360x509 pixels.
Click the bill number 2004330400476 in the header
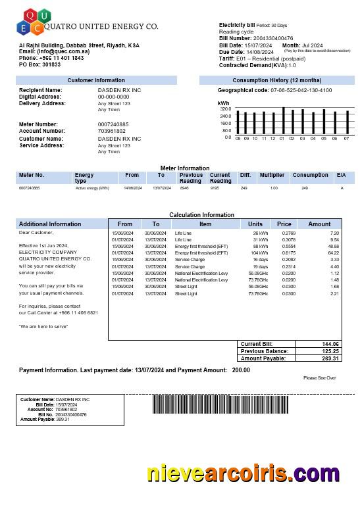(x=274, y=39)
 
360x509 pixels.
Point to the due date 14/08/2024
(x=261, y=52)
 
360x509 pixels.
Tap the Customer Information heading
(x=96, y=80)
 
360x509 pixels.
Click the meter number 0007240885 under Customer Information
(x=113, y=124)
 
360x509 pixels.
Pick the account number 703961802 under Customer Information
(x=111, y=131)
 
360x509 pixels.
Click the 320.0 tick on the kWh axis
(x=226, y=109)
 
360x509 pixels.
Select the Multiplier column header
(x=272, y=175)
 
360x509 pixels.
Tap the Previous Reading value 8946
(x=184, y=188)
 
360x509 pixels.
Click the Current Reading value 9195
(x=215, y=188)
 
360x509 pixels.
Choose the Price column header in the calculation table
(x=284, y=224)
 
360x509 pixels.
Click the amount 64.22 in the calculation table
(x=333, y=253)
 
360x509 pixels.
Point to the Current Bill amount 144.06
(x=330, y=344)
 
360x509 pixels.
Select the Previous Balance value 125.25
(x=330, y=351)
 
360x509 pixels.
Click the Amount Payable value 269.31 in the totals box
(x=330, y=358)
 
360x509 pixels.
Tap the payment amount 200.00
(x=241, y=370)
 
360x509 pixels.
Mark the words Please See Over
(x=320, y=378)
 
